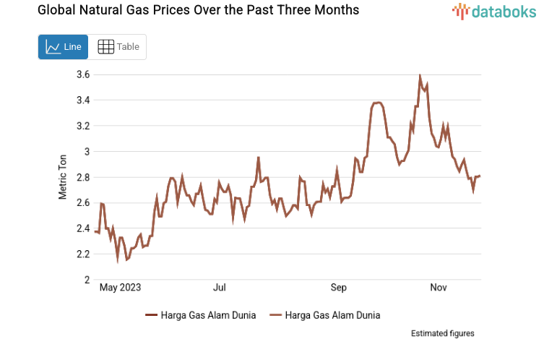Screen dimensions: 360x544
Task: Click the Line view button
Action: click(64, 47)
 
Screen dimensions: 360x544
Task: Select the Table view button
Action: click(118, 47)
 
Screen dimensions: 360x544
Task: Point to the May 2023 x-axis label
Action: click(120, 288)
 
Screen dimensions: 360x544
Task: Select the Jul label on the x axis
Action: click(220, 288)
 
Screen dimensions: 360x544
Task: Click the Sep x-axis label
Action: click(339, 288)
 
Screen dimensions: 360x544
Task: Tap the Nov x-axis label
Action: click(438, 288)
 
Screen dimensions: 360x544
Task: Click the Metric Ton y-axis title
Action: click(63, 177)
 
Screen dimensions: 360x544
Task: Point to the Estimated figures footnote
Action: click(442, 333)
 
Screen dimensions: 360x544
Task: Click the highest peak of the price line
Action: click(420, 76)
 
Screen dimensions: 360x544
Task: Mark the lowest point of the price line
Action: click(118, 260)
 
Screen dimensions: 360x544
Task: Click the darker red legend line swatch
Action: click(151, 315)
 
